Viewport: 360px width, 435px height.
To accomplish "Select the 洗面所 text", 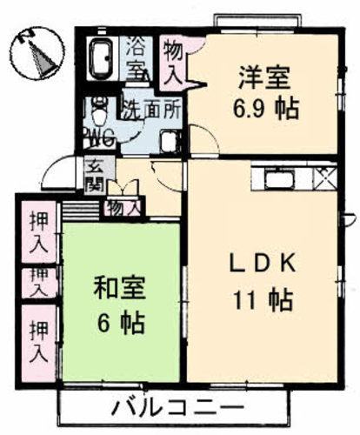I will click(x=150, y=110).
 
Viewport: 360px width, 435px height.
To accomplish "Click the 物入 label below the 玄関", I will click(x=121, y=207).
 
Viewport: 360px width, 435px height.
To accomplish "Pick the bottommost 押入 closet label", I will click(x=37, y=341).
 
